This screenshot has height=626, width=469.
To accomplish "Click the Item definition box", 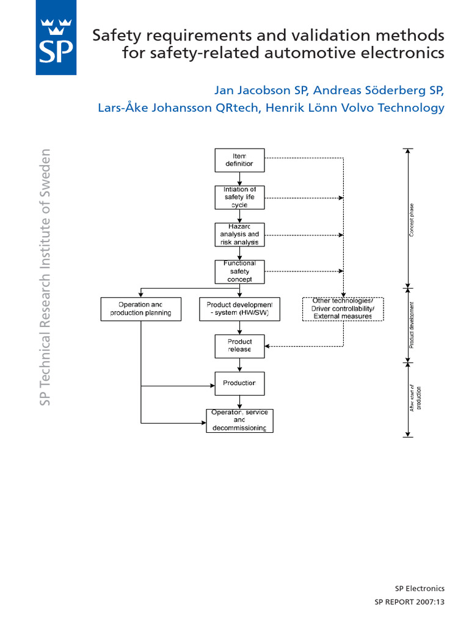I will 239,160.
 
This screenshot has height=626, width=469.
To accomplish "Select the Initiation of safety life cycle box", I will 239,197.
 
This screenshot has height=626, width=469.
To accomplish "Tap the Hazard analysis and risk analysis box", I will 239,235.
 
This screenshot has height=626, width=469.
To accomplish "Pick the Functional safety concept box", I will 239,271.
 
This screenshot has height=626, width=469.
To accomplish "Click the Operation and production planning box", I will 141,309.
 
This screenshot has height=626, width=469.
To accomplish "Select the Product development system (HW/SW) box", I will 239,309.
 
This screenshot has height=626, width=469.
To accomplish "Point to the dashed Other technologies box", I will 343,309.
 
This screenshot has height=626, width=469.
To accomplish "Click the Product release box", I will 239,345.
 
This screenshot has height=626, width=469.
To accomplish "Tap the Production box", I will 239,383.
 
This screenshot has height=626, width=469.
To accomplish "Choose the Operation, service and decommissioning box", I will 239,421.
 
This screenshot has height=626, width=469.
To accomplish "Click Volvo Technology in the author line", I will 396,108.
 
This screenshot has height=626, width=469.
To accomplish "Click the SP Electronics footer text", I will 420,589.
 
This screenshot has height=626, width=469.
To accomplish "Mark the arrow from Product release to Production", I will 239,365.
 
